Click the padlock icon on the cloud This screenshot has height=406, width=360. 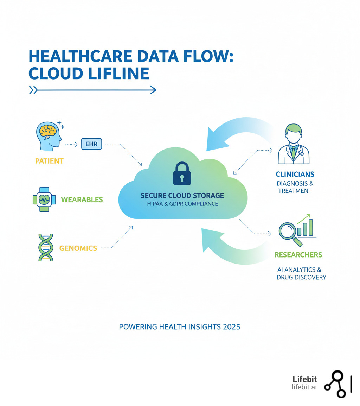point(182,173)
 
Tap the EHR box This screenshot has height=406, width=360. point(91,144)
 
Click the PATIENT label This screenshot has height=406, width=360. point(49,161)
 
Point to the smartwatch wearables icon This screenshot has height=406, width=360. point(44,199)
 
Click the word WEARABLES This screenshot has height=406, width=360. point(82,200)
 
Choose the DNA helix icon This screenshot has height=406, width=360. point(45,247)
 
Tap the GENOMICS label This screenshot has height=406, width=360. point(78,248)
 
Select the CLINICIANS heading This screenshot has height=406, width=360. point(295,174)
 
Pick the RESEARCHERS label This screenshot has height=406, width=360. point(298,255)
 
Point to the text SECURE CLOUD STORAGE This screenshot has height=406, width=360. point(182,195)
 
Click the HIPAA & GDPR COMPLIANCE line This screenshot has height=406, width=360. point(182,204)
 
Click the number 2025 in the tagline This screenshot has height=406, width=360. point(231,327)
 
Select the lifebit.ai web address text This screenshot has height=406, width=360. point(304,387)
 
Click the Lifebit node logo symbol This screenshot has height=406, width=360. point(337,384)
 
